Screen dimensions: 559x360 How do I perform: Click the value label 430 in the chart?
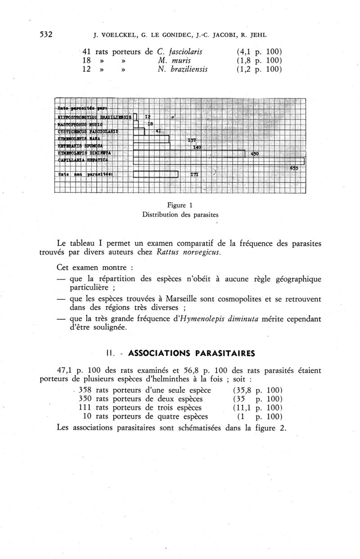(x=254, y=154)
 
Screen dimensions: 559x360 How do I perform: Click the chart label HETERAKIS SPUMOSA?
(x=81, y=146)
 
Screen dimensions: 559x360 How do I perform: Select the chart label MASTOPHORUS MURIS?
(x=81, y=124)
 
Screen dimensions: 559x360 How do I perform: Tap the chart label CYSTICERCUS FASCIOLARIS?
(x=88, y=131)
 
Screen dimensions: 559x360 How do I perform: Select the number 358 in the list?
(x=85, y=390)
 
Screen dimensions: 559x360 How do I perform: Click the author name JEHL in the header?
(x=257, y=35)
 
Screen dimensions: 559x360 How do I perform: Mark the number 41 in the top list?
(x=87, y=51)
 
